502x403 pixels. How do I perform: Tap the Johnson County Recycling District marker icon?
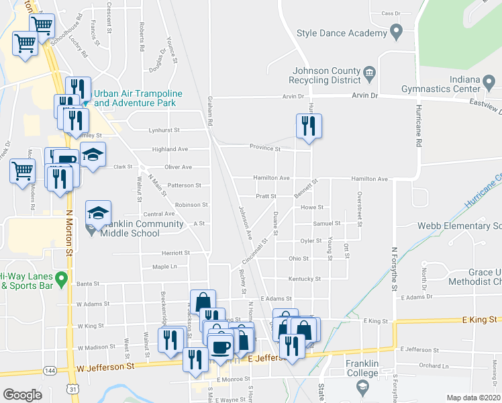369,72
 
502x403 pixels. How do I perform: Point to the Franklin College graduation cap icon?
363,386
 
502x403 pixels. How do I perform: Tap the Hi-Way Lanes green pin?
62,277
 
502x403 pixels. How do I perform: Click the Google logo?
22,395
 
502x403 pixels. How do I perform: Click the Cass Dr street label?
391,13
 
